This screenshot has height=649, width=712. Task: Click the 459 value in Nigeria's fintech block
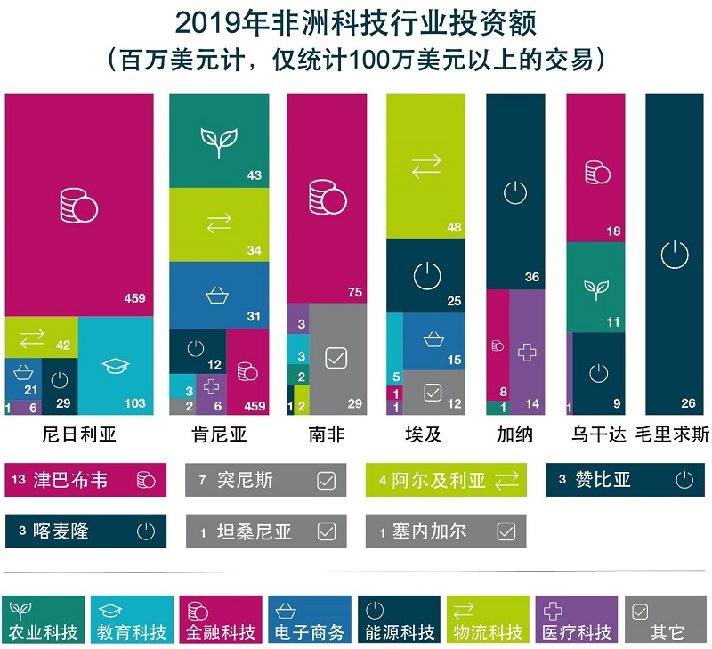[x=134, y=298]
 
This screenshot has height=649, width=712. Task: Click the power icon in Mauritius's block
[x=675, y=256]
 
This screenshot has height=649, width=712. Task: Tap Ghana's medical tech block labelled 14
[x=526, y=353]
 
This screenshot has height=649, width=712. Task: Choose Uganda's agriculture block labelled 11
[x=598, y=288]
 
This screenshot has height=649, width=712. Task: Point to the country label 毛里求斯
[x=674, y=436]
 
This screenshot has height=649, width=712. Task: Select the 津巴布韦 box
[x=85, y=481]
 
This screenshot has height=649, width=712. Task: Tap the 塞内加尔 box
[x=445, y=531]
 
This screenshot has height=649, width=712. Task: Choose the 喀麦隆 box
[x=85, y=531]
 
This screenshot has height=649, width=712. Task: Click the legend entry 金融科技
[x=220, y=620]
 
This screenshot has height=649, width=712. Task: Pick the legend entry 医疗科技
[x=577, y=620]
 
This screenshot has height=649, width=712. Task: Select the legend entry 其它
[x=666, y=620]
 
